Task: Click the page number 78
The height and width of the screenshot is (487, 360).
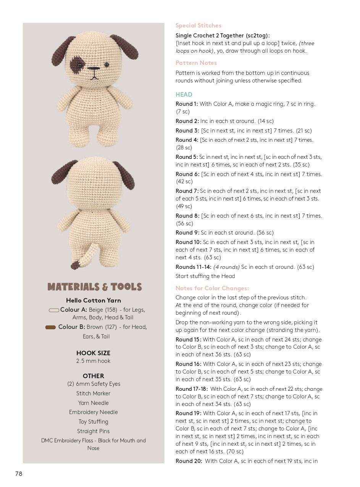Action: (19, 474)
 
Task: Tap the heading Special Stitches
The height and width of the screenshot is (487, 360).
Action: (198, 26)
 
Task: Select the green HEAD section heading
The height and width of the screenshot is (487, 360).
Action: (184, 94)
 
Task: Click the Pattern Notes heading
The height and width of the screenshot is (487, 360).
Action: (196, 63)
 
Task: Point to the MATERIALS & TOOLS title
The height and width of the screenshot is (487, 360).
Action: (94, 287)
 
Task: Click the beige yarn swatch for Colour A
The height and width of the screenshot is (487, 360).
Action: (54, 310)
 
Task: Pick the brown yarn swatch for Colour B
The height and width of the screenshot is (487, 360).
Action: (50, 327)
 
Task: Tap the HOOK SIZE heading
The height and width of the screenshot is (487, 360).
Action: (93, 353)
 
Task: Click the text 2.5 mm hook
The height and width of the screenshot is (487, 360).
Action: (93, 361)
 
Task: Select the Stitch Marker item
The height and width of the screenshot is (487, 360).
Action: (93, 393)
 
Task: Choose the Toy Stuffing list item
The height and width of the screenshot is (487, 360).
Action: (93, 422)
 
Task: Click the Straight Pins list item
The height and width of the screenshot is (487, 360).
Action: (93, 431)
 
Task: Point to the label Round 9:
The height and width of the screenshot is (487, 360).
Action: (187, 233)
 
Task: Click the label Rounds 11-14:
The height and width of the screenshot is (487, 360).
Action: (193, 267)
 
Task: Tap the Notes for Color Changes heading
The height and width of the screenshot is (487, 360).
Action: (212, 288)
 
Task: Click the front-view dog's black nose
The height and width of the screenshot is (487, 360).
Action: (93, 69)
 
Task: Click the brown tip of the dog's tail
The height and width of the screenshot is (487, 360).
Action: (75, 264)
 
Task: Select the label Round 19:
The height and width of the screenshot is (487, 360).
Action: (189, 413)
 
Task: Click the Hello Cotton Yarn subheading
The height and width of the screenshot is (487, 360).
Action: (93, 301)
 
